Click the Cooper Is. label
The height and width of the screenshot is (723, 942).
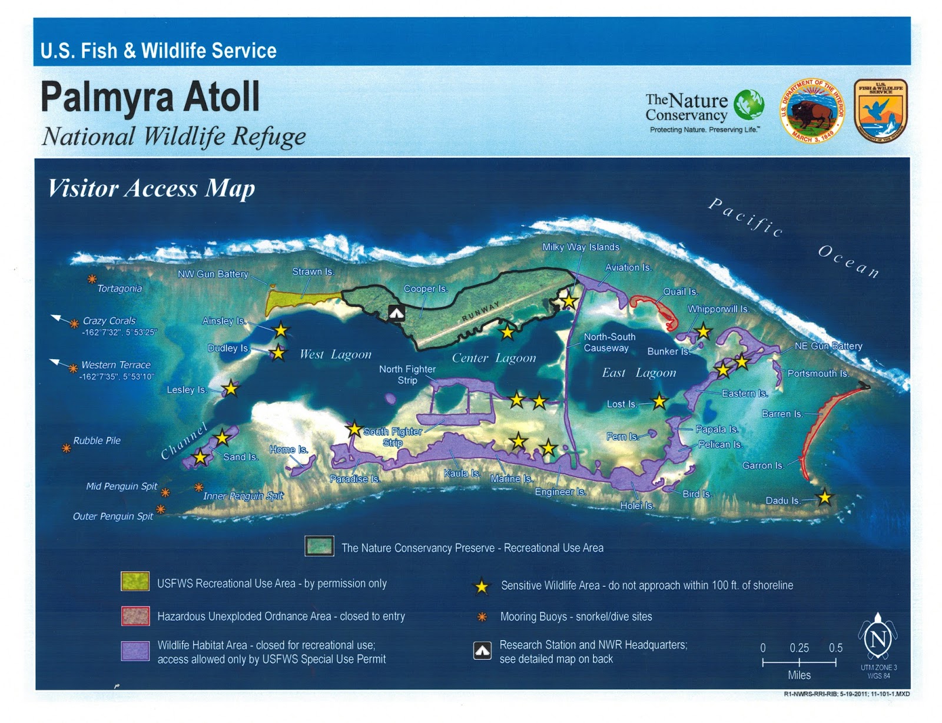(x=425, y=288)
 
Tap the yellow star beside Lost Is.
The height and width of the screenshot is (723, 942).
(x=659, y=402)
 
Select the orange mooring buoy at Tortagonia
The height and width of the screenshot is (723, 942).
(x=92, y=279)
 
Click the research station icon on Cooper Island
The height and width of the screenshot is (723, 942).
(x=397, y=313)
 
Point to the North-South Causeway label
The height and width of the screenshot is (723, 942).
(x=609, y=342)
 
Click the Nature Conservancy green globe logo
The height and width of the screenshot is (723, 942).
(x=749, y=105)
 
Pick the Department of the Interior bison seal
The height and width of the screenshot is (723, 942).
(x=812, y=111)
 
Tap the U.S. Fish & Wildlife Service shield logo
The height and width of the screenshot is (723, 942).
(x=881, y=111)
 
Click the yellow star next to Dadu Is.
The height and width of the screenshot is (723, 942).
(x=825, y=498)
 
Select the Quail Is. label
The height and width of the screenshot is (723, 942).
(x=680, y=291)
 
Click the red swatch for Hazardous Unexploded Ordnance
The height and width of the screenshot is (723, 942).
(x=135, y=616)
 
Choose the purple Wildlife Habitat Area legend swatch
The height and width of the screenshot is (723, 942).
(x=135, y=651)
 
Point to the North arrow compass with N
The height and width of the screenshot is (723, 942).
(x=878, y=638)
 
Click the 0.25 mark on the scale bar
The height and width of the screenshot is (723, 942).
(x=799, y=662)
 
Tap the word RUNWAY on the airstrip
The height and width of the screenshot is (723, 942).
(x=480, y=311)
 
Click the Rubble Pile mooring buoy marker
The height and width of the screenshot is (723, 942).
(x=67, y=448)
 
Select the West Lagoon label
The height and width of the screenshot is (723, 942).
(x=335, y=354)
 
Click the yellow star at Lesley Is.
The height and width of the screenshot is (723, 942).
(x=231, y=388)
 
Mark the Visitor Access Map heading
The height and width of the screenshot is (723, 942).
(x=151, y=188)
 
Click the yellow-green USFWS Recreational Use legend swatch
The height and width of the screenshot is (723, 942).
(x=135, y=581)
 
